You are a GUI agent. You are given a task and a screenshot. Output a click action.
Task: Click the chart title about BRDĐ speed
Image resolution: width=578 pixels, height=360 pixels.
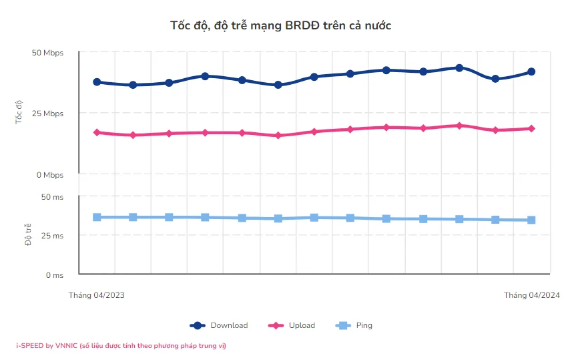click(280, 25)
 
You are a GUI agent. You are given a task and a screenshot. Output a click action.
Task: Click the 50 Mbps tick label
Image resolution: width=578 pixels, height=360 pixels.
click(47, 53)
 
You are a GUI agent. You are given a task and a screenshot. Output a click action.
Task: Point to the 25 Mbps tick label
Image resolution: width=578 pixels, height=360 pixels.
click(47, 114)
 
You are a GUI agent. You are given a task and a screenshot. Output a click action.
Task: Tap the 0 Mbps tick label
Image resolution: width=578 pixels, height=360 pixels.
click(49, 175)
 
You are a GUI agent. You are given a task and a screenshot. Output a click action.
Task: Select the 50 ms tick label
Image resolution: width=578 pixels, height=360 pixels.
click(52, 197)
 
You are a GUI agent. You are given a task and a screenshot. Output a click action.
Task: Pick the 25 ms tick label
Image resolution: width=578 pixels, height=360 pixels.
click(52, 236)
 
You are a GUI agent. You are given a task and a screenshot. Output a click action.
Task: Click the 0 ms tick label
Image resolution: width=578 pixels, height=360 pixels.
click(54, 275)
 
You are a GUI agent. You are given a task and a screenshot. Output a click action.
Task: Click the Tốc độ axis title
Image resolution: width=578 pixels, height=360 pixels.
click(19, 113)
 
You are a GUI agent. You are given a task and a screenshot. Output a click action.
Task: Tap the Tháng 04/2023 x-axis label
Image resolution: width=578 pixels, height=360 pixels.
click(97, 295)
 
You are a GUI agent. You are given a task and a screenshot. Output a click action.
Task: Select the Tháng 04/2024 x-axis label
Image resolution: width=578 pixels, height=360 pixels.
click(531, 295)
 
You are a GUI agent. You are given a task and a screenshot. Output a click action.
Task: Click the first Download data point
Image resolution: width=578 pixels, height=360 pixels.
click(97, 82)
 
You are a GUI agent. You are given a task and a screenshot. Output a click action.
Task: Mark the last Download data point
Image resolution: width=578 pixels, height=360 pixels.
click(531, 71)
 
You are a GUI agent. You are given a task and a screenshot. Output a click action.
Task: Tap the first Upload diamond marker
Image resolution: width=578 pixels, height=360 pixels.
click(97, 132)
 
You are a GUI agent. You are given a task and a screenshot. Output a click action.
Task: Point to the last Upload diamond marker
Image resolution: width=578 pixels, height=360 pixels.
click(531, 128)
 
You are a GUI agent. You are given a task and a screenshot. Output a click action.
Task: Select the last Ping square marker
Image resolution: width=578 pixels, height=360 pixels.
click(531, 220)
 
